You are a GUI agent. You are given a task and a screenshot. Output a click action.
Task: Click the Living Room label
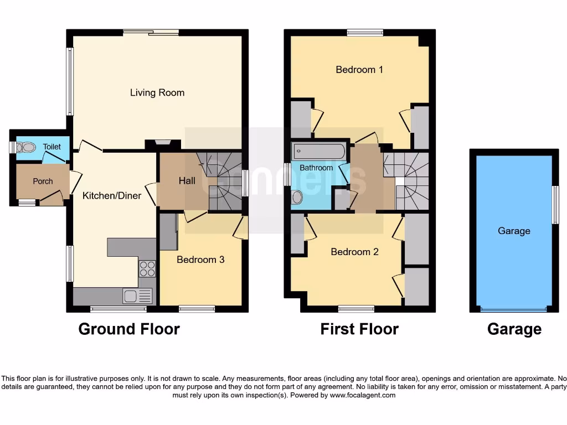pyautogui.click(x=157, y=92)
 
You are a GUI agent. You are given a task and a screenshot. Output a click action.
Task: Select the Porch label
pyautogui.click(x=43, y=181)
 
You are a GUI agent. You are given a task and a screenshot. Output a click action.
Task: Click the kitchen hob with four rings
pyautogui.click(x=147, y=269)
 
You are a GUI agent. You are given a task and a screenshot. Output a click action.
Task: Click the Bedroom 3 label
pyautogui.click(x=200, y=259)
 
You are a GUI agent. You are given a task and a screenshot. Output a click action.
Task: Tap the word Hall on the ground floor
pyautogui.click(x=187, y=180)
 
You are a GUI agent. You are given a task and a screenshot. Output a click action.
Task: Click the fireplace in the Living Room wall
pyautogui.click(x=163, y=143)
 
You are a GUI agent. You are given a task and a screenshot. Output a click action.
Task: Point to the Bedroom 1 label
pyautogui.click(x=359, y=70)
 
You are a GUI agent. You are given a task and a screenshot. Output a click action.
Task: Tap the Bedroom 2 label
pyautogui.click(x=354, y=252)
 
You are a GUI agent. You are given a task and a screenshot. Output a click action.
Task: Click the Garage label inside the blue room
pyautogui.click(x=514, y=231)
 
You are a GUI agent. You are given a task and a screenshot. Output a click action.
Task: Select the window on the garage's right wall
pyautogui.click(x=555, y=204)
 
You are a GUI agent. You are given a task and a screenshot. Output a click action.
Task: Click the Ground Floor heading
pyautogui.click(x=129, y=329)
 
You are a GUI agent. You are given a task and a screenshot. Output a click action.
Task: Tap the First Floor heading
pyautogui.click(x=359, y=329)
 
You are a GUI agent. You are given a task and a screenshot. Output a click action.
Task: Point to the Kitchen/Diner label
pyautogui.click(x=112, y=195)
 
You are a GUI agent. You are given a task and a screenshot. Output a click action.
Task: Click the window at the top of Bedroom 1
pyautogui.click(x=365, y=33)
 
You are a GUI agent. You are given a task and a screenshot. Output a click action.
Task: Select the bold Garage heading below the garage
pyautogui.click(x=514, y=329)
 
